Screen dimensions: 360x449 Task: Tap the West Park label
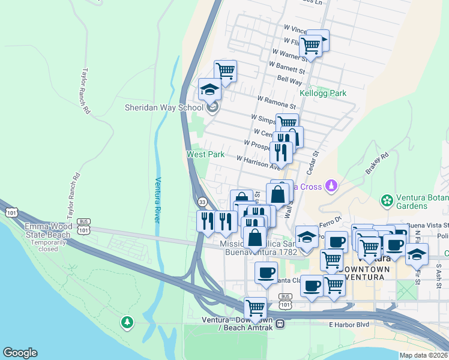coord(205,154)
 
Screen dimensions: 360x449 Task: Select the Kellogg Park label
coord(323,94)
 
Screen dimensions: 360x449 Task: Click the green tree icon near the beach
coord(127,323)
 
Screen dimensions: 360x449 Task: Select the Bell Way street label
coord(289,79)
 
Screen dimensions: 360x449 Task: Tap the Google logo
coord(20,353)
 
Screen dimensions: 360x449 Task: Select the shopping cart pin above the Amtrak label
coord(256,308)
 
